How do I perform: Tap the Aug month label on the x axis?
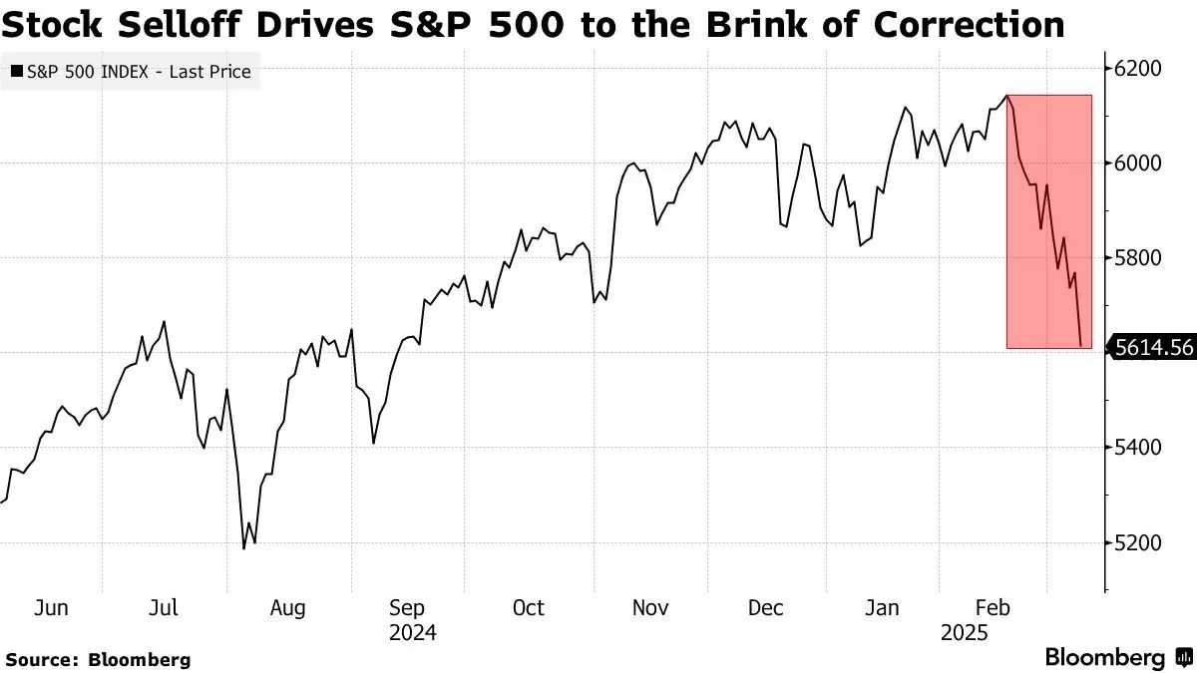tap(287, 607)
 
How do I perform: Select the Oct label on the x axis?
tap(528, 607)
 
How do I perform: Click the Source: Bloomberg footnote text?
tap(98, 659)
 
